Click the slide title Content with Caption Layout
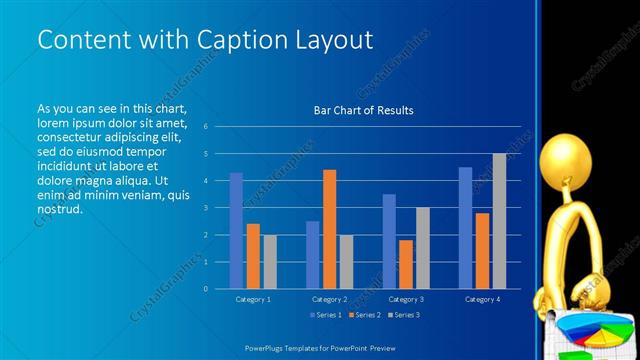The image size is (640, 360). (205, 40)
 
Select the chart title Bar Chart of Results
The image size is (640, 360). (357, 110)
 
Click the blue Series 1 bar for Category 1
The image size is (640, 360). (236, 231)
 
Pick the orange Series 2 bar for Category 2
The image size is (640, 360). (329, 229)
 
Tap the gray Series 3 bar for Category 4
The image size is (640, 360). (499, 221)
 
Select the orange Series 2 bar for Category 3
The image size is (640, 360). (406, 264)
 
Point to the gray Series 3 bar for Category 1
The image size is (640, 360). (270, 262)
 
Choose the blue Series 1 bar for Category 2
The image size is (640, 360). (312, 255)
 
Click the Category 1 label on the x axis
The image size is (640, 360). (253, 299)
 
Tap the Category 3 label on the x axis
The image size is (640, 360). (406, 299)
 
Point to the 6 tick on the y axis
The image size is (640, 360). (205, 127)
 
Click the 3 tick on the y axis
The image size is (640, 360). (205, 208)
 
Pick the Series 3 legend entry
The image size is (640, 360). (402, 315)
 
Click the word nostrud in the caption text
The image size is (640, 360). (59, 210)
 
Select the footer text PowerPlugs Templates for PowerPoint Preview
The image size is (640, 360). (319, 348)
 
